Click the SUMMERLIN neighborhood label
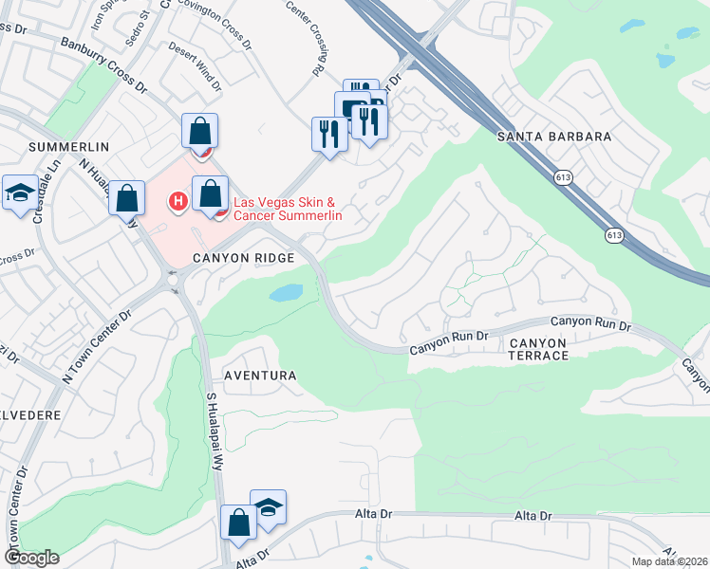coord(69,147)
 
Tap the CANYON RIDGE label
coord(233,258)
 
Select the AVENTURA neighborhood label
coord(260,376)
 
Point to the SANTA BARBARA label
coord(554,137)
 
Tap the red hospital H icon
coord(177,201)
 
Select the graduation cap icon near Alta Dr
coord(268,506)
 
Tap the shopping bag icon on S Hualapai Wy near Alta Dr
coord(238,522)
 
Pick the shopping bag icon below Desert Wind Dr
coord(200,131)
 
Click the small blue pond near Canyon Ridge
coord(286,293)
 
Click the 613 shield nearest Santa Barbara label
coord(564,177)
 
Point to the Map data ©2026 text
coord(668,561)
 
